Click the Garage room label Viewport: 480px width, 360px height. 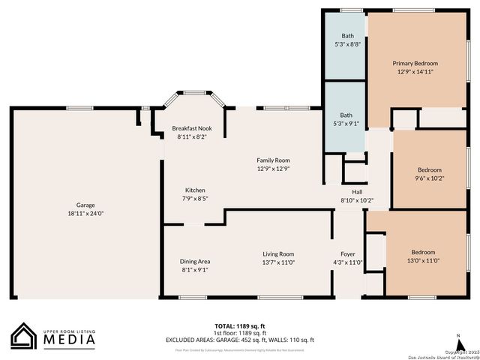click(x=85, y=205)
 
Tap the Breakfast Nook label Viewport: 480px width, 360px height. click(x=192, y=128)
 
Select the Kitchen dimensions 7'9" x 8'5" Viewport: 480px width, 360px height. click(x=195, y=199)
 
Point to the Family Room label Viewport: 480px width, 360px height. click(x=273, y=160)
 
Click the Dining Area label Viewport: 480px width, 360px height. click(x=195, y=261)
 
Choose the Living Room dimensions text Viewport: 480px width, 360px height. click(x=278, y=262)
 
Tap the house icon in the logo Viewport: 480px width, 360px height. click(x=23, y=336)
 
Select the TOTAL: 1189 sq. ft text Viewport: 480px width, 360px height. click(x=240, y=325)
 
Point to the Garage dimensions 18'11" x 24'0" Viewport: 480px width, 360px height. click(x=85, y=214)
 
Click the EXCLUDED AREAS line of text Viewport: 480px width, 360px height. click(x=240, y=340)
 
